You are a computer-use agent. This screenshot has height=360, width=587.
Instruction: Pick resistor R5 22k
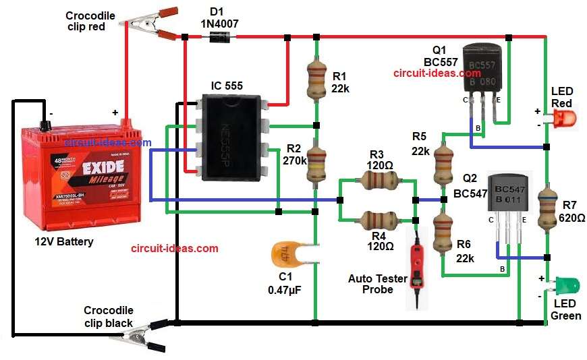pyautogui.click(x=443, y=159)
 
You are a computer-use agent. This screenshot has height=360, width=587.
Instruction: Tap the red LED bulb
pyautogui.click(x=565, y=120)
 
